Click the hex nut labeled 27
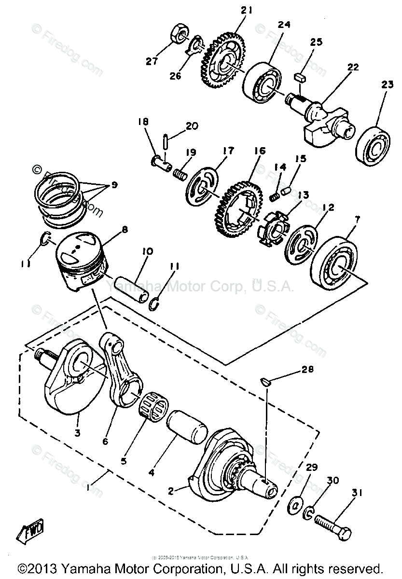pos(178,34)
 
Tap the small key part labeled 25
pos(300,76)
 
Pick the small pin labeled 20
pos(166,142)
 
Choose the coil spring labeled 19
pos(180,172)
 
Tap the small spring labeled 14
pos(274,196)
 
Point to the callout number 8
pos(125,230)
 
